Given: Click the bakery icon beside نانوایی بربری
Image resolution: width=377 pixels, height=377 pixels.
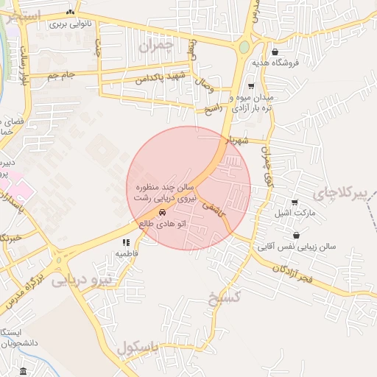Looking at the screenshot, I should coord(70,12).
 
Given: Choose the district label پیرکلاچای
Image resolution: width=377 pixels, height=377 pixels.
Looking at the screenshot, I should coord(339,194).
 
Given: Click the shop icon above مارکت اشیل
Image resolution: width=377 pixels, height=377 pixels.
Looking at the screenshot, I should coord(295,202).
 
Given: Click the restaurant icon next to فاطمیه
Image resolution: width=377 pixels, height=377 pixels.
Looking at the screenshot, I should coord(127,242).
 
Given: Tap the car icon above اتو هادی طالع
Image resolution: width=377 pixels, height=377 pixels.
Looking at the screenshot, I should coord(172,213).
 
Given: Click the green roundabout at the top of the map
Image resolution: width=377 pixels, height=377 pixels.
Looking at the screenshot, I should coord(244,48).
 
